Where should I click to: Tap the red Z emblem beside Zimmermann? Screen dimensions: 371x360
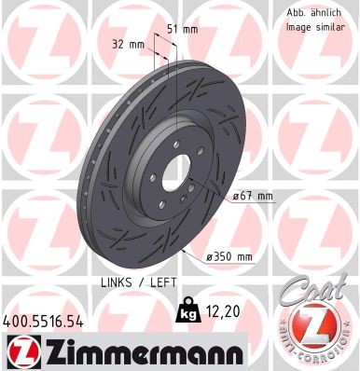coord(21,350)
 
